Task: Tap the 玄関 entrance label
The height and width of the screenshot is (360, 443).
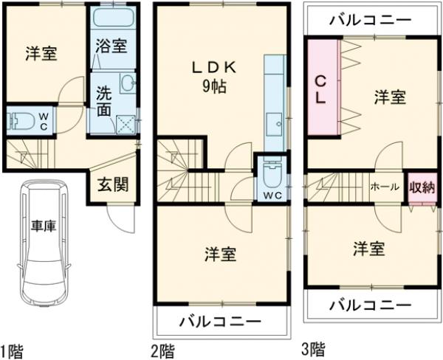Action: tap(112, 184)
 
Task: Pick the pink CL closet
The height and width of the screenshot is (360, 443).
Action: tap(323, 88)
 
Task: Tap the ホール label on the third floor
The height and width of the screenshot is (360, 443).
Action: tap(385, 187)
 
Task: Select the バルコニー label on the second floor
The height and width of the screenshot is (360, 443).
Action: tap(221, 322)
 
